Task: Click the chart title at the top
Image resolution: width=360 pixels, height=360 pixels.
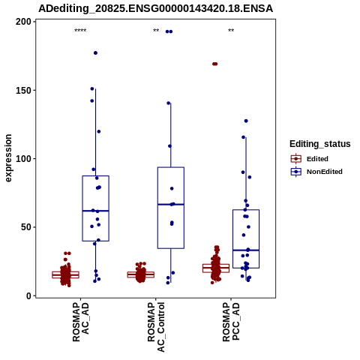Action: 155,9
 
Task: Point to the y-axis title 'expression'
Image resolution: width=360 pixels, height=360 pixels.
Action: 8,158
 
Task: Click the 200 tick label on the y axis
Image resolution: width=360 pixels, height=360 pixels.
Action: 23,22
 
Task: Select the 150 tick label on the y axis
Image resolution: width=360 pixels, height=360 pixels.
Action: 23,90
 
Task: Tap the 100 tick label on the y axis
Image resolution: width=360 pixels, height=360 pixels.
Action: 23,159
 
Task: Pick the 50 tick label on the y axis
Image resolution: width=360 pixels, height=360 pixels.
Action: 25,227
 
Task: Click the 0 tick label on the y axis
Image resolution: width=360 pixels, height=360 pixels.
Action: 28,295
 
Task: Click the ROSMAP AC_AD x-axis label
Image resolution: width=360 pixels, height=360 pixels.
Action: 80,322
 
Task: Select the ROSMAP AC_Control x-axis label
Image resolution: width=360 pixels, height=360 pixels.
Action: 156,327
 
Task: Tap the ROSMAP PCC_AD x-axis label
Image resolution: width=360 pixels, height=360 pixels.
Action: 231,322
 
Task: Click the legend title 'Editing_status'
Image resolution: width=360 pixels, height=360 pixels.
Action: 320,144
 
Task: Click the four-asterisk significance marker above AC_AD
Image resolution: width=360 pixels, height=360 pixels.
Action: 80,31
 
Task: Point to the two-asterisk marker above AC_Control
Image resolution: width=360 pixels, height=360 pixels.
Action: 156,31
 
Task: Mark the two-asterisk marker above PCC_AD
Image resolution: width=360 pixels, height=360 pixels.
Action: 231,31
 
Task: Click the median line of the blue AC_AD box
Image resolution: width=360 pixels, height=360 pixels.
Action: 96,211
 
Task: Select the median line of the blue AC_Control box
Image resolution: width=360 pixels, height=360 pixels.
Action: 171,205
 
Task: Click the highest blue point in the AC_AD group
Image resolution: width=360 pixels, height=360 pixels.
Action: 95,53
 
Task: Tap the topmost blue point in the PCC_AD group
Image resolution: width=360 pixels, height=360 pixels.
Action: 246,121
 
